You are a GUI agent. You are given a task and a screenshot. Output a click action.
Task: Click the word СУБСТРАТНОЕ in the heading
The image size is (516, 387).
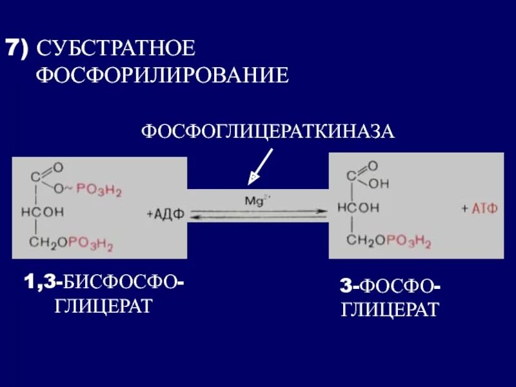pos(116,49)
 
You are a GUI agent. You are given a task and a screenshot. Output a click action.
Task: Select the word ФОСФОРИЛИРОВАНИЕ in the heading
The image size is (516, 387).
pos(162,75)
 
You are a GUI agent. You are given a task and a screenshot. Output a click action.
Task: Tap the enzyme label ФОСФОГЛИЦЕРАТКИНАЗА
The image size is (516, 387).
pos(268,132)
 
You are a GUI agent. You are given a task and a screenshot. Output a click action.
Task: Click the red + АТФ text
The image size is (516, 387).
pos(479,210)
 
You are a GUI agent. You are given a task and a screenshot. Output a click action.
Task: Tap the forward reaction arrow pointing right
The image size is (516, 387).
pos(258,210)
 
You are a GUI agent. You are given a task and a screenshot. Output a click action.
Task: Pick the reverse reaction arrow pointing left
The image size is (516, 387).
pos(258,219)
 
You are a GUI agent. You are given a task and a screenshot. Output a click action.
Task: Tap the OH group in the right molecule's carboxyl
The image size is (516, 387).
pos(379,184)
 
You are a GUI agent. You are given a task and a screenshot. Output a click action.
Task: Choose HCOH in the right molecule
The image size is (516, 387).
pos(356,209)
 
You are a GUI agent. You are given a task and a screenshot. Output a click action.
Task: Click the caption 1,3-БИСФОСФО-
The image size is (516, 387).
pos(103,282)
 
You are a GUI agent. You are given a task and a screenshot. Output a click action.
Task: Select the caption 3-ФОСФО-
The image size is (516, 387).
pos(390,286)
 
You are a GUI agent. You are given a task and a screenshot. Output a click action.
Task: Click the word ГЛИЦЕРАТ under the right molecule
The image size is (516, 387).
pos(390,309)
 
